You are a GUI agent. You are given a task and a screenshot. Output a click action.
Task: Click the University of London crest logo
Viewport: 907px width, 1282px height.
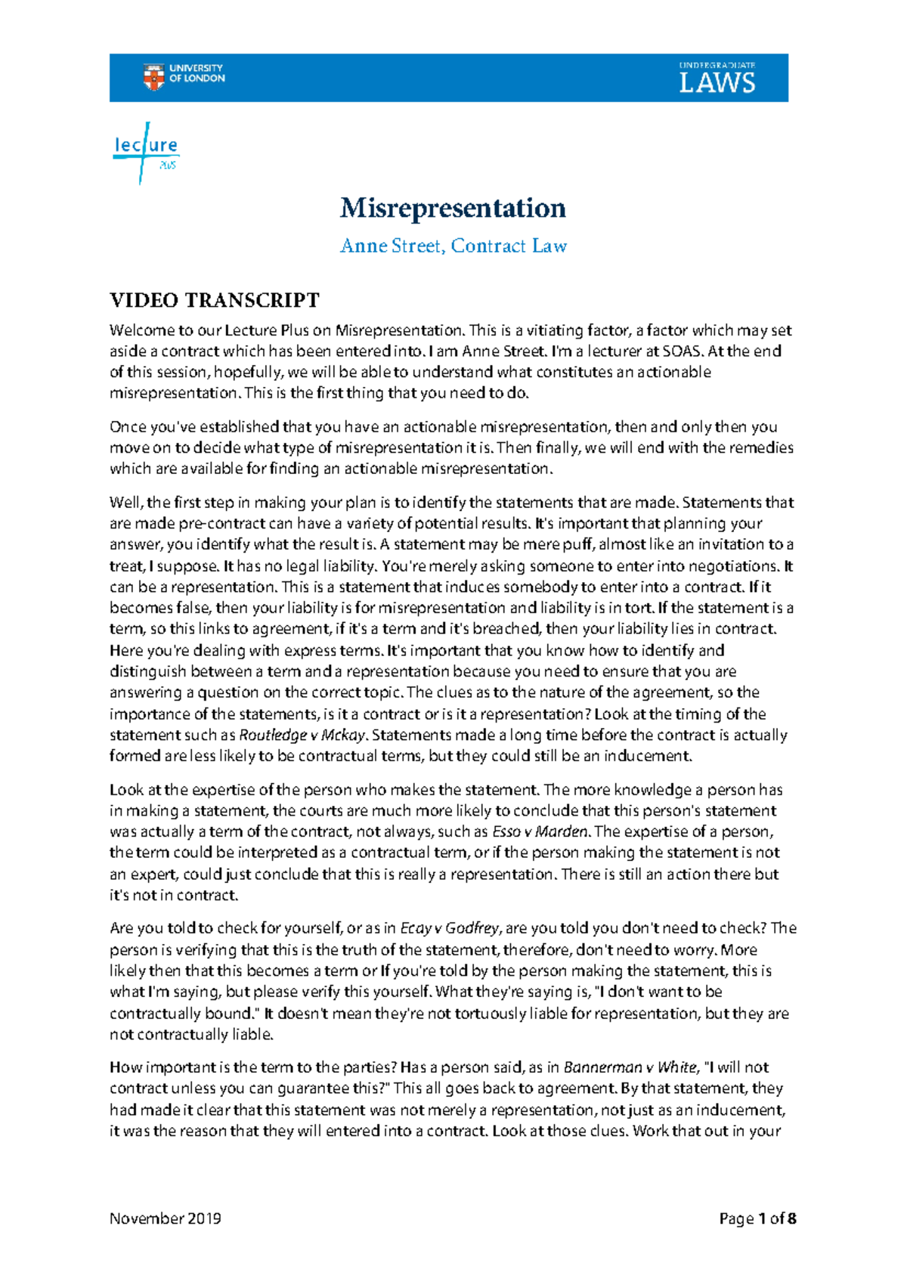153,76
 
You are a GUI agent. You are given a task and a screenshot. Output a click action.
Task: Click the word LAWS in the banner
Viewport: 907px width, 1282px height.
717,83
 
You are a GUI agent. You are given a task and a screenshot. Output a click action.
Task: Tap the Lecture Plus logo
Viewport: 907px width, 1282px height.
146,151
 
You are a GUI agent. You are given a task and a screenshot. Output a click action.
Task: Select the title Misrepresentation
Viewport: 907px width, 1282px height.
453,208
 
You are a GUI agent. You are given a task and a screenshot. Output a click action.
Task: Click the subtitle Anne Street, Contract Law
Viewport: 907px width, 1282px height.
453,246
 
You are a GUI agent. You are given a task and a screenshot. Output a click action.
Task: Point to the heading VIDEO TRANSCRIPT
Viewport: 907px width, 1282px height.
215,300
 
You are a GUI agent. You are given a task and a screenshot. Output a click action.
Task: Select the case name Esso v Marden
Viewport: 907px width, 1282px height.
540,831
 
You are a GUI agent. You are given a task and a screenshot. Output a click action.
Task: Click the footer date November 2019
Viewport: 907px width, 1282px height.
166,1219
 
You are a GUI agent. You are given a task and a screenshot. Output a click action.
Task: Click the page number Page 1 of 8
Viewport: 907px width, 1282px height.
757,1219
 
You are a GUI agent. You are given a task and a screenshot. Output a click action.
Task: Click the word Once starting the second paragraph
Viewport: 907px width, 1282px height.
128,426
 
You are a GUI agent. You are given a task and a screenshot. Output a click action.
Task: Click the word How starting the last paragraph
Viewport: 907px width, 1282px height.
125,1067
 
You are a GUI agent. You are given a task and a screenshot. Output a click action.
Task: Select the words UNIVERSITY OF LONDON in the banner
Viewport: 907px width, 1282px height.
197,73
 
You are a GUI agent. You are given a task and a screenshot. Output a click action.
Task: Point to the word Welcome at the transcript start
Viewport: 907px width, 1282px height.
141,330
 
